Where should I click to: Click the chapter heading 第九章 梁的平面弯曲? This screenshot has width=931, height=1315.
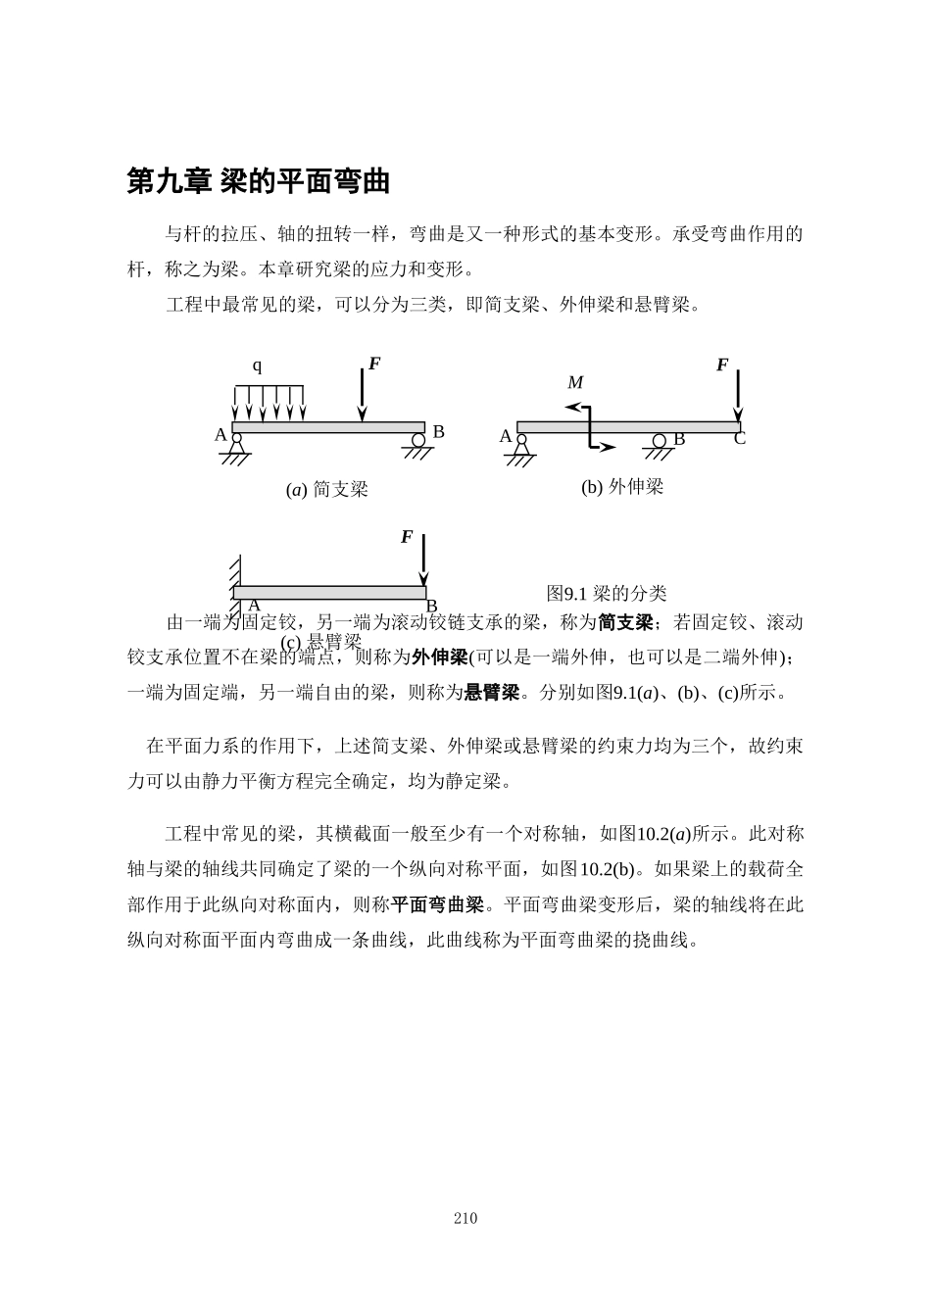click(259, 181)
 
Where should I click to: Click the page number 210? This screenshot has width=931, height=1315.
click(465, 1218)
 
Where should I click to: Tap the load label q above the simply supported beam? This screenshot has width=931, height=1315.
click(257, 366)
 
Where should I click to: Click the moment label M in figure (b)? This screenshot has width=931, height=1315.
click(575, 382)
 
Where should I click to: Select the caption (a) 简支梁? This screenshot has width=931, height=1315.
click(326, 489)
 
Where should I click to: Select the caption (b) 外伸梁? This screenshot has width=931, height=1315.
click(621, 486)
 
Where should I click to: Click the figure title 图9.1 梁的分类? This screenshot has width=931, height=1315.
click(606, 593)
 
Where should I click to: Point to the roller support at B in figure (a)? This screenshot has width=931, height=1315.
click(418, 444)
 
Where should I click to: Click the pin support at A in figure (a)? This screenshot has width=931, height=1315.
click(235, 445)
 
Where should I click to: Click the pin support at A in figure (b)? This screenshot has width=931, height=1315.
click(520, 446)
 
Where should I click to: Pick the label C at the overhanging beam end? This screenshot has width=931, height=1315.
click(740, 439)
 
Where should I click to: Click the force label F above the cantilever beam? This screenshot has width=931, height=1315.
click(407, 537)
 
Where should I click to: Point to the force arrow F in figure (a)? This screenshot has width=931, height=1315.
click(363, 397)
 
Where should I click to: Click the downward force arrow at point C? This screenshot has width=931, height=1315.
click(738, 396)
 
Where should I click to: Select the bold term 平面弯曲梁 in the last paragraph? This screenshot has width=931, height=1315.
click(437, 904)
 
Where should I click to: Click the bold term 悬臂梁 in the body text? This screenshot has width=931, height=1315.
click(491, 693)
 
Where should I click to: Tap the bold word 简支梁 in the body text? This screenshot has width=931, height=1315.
click(625, 622)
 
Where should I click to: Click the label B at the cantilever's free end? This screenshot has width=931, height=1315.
click(431, 607)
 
